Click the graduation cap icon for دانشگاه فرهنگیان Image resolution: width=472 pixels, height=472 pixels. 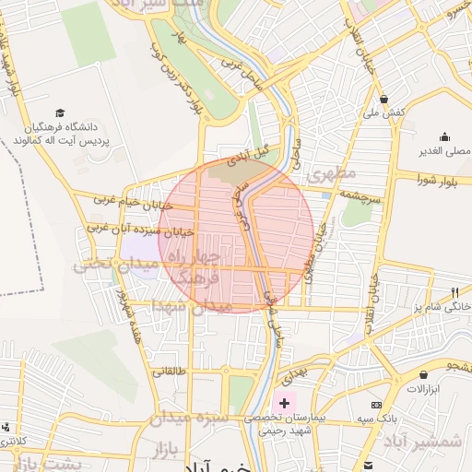point(60,112)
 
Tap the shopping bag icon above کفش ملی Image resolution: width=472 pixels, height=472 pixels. point(384,99)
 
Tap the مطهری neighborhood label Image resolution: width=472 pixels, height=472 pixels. point(331,173)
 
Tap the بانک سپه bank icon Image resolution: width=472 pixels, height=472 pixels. point(376,405)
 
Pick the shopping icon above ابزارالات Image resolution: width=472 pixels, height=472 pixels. point(423,375)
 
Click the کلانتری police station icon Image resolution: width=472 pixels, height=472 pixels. point(7,427)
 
